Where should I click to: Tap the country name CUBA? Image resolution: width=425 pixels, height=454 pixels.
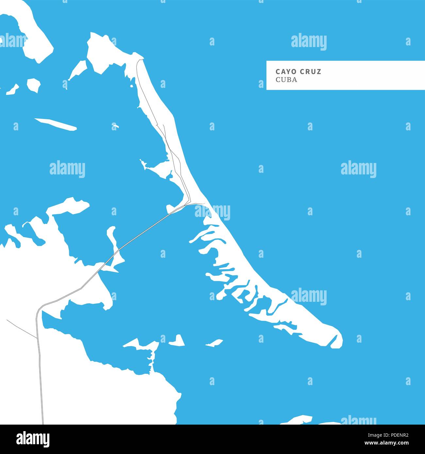(x=286, y=80)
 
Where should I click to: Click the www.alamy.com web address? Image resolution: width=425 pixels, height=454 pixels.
(x=383, y=443)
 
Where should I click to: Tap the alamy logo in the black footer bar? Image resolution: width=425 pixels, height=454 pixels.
(x=33, y=439)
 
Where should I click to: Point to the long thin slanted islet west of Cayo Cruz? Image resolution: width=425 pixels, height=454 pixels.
(x=56, y=124)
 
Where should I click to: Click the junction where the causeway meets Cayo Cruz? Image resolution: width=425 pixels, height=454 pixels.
(x=189, y=203)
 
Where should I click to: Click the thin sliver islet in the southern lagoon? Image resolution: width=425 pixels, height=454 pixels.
(x=214, y=343)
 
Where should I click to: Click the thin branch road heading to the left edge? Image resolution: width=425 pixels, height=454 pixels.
(x=20, y=328)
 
